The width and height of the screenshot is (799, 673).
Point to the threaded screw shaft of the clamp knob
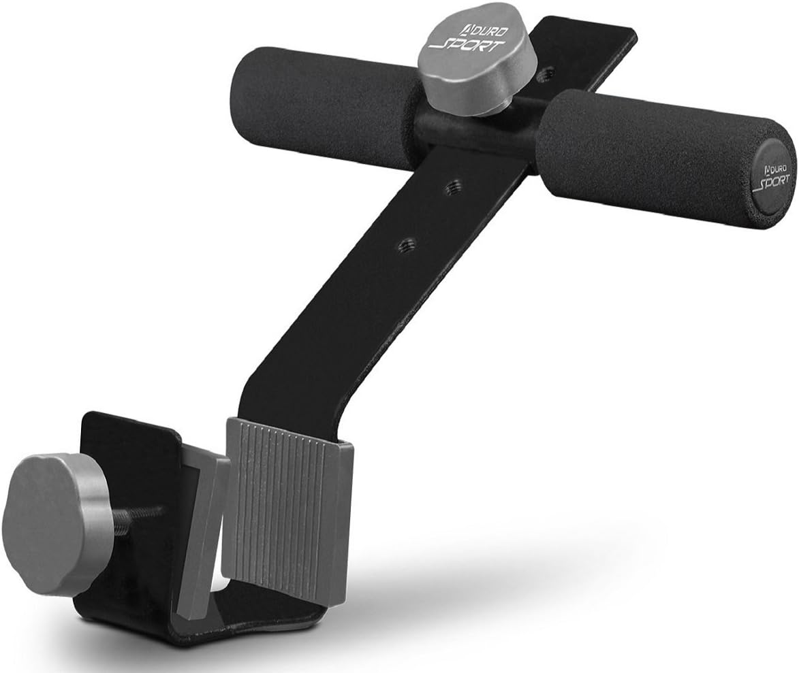(133, 514)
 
